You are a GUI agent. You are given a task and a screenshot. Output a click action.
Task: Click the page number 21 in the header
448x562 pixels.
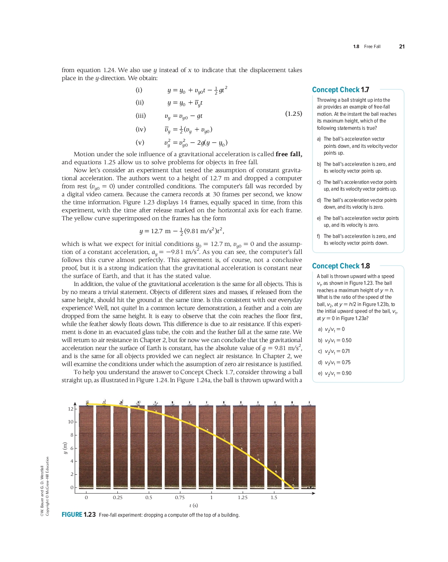tap(402, 46)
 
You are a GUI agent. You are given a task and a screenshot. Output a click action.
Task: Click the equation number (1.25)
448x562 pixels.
tap(293, 113)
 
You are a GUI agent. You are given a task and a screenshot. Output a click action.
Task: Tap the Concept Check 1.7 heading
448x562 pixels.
tap(341, 90)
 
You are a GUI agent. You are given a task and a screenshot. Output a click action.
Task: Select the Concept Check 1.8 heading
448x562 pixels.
tap(341, 266)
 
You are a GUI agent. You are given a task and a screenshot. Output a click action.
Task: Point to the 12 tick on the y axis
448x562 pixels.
tap(71, 409)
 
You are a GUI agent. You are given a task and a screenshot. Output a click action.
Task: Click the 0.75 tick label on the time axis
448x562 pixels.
tap(180, 498)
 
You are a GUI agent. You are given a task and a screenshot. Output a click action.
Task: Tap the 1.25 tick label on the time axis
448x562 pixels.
tap(242, 498)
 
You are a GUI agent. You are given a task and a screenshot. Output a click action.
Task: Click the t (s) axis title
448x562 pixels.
tap(194, 506)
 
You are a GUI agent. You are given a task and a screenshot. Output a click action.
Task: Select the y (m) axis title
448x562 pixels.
tap(65, 448)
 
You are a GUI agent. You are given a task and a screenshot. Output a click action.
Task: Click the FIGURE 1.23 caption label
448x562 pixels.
tap(79, 515)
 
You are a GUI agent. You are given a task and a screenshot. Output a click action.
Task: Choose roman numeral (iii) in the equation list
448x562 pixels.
tap(141, 116)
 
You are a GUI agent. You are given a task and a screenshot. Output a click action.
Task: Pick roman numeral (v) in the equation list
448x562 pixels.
tap(140, 142)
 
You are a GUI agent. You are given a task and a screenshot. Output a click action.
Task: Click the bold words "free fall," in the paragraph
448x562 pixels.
tap(289, 154)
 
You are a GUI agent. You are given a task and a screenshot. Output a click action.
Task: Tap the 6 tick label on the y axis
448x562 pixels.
tap(72, 448)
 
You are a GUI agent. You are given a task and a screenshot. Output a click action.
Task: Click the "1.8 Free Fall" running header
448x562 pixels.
tap(367, 46)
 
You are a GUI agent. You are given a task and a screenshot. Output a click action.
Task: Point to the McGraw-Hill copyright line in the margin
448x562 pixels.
tap(47, 486)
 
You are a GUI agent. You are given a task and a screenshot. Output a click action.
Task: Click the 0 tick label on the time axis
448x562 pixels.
tap(86, 498)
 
